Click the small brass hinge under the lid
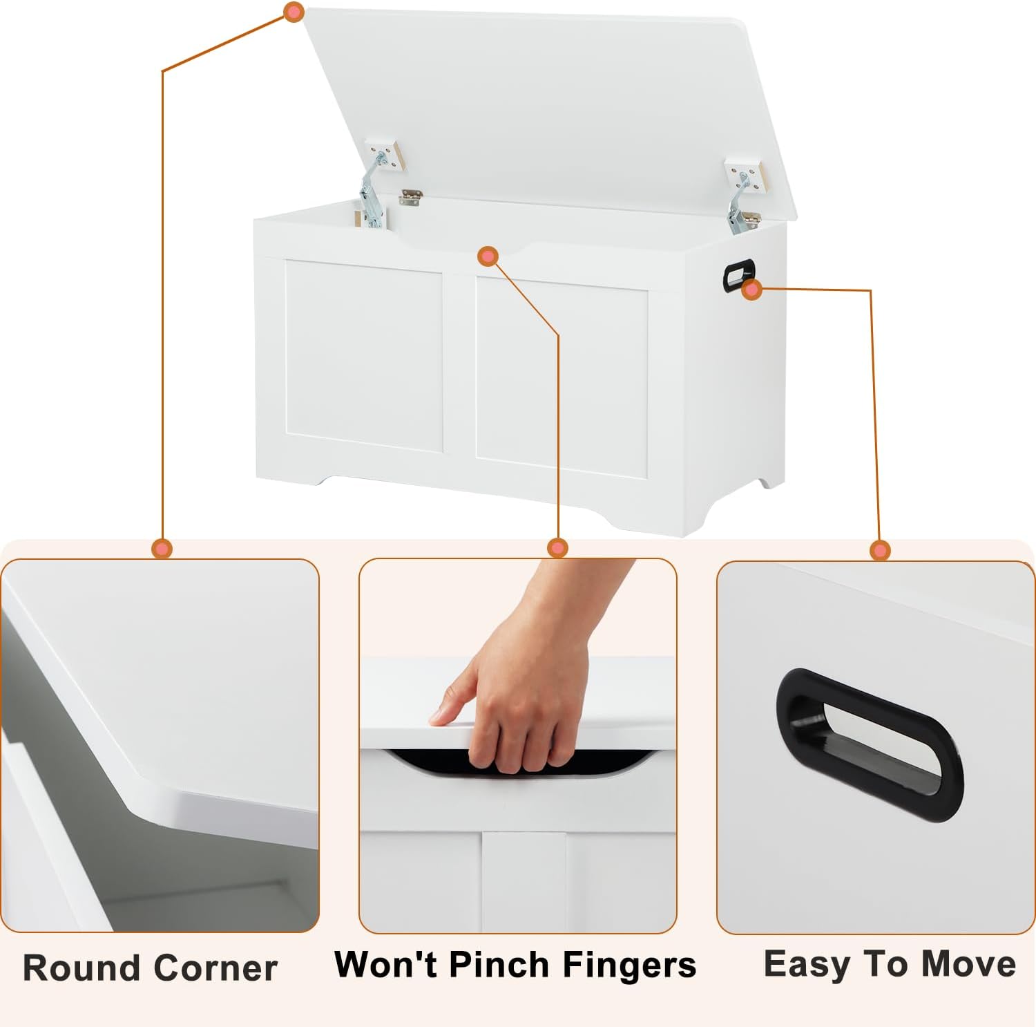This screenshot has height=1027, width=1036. point(410,198)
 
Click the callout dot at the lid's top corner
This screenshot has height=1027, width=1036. point(294,12)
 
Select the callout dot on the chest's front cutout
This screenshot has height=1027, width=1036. point(488,256)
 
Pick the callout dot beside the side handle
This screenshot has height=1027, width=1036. point(752,290)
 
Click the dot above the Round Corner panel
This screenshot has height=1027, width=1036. point(162,549)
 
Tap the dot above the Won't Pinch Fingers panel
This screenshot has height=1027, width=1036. point(557,548)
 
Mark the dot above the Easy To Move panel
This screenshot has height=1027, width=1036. point(880,550)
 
